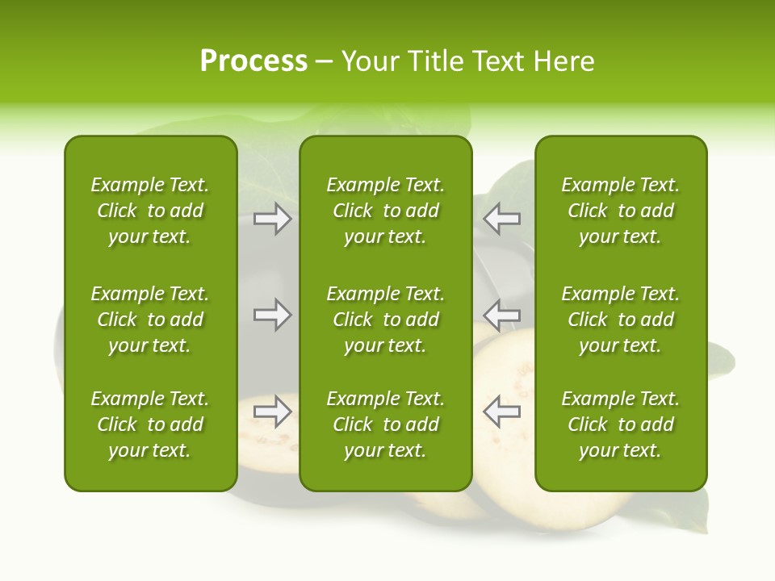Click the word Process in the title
click(253, 61)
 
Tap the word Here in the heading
click(563, 61)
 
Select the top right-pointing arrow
click(273, 219)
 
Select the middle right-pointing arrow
click(273, 315)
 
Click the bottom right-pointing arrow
click(273, 411)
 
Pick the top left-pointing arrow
click(501, 219)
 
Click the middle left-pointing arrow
click(501, 315)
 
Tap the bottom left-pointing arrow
click(501, 411)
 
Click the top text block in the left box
click(150, 211)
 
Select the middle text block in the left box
click(150, 320)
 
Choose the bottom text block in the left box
click(150, 424)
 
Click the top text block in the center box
click(385, 211)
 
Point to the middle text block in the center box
click(385, 320)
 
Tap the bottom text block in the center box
click(385, 424)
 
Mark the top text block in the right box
click(620, 211)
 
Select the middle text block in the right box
click(620, 320)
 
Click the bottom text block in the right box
click(620, 424)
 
